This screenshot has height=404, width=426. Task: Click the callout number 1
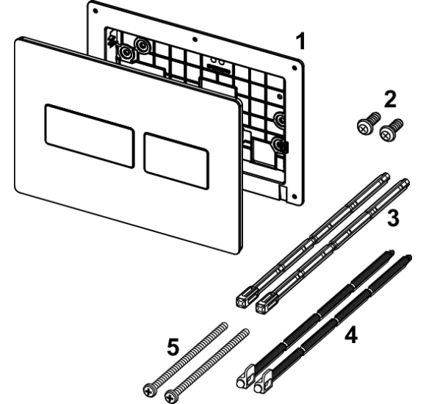300,41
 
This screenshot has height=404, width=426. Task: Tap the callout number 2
390,99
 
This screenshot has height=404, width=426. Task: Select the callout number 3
393,218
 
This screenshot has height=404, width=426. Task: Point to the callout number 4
351,335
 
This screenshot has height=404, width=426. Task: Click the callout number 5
173,347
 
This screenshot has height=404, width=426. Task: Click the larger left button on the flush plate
90,136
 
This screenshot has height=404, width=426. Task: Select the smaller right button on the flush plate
176,161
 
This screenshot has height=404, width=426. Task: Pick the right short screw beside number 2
391,130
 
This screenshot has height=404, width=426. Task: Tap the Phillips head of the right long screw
171,397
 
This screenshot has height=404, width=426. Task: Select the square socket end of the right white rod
264,306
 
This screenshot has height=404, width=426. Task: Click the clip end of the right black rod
263,382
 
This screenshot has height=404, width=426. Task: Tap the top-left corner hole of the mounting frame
95,11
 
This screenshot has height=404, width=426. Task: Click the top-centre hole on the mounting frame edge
195,40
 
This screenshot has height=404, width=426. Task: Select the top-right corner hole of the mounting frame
294,68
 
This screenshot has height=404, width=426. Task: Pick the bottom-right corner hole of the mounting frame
293,195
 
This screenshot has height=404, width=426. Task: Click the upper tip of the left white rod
386,175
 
